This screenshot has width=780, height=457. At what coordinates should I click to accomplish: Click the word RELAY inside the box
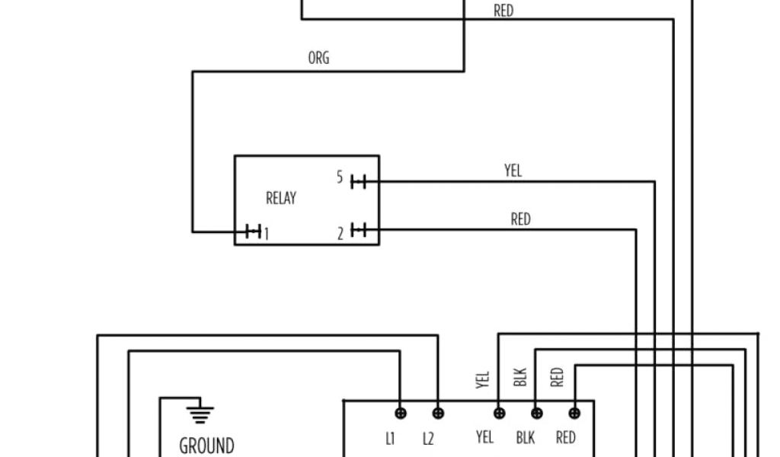tap(280, 198)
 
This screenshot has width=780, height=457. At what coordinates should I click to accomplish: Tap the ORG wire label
tap(318, 58)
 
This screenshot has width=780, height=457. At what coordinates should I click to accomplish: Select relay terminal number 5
tap(340, 177)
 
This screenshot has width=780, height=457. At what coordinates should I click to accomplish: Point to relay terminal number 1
tap(266, 233)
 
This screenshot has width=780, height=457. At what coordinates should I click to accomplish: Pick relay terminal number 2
tap(340, 233)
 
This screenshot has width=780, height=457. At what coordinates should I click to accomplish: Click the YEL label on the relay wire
tap(513, 171)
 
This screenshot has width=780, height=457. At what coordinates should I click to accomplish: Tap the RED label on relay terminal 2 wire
tap(520, 219)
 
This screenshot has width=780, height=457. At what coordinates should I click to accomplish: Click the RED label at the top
tap(503, 11)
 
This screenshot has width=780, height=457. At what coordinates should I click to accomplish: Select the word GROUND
tap(206, 445)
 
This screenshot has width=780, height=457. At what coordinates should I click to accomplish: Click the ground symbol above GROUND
tap(200, 414)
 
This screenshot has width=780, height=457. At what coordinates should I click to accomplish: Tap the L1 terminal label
tap(390, 438)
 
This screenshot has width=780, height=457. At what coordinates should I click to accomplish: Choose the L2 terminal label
tap(428, 438)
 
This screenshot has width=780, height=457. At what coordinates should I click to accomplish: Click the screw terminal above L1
tap(401, 414)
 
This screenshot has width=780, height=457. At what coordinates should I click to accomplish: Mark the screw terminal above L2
tap(438, 414)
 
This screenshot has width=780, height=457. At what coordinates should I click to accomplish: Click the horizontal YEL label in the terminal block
tap(484, 437)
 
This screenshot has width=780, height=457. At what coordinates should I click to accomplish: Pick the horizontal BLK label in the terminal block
tap(526, 437)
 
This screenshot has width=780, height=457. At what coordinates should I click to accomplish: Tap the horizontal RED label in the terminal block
tap(565, 437)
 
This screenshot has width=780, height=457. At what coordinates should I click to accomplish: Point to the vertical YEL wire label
tap(483, 379)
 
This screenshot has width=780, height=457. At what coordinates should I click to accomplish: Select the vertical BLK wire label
tap(521, 378)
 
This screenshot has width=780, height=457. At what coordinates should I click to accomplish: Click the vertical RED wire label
tap(558, 376)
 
